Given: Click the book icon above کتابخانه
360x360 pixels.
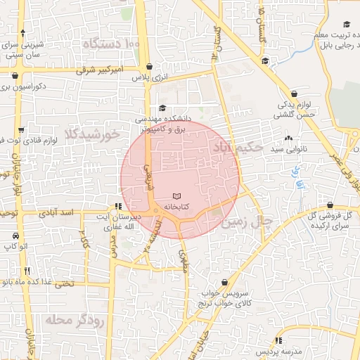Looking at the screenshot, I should click(x=176, y=196).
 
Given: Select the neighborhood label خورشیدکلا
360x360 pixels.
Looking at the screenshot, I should click(x=89, y=134).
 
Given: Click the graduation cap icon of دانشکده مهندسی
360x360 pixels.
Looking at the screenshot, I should click(x=163, y=108).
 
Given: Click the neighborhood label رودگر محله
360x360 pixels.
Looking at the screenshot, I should click(x=70, y=321).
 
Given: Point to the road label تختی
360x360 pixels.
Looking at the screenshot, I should click(x=64, y=284).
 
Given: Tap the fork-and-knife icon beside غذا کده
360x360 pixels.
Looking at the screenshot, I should click(x=27, y=271).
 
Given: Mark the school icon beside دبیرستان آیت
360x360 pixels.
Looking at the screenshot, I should click(x=117, y=206).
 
